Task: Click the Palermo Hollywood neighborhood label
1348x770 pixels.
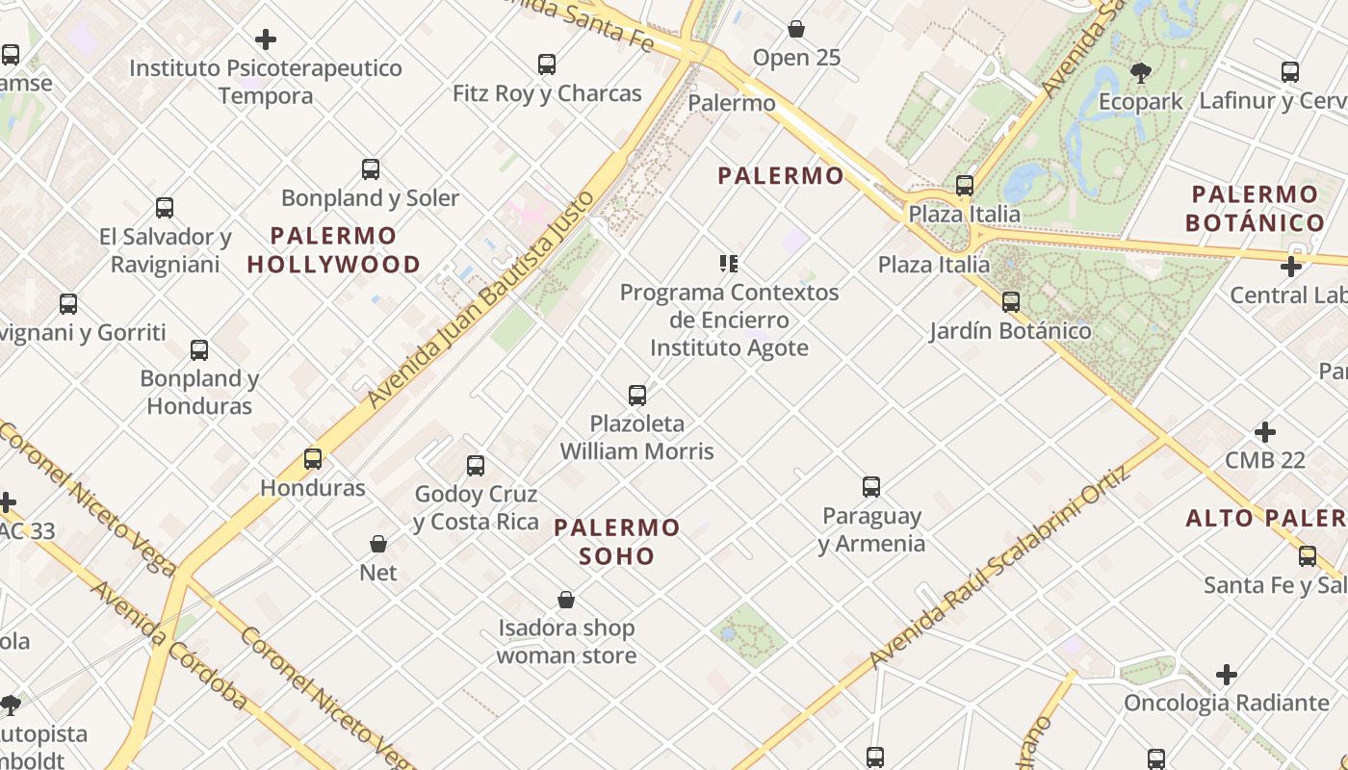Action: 334,249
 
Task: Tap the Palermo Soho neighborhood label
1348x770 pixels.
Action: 617,541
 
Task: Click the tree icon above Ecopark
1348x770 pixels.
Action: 1140,72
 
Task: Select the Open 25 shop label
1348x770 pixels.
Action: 796,58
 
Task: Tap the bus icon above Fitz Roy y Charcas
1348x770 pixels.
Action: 547,64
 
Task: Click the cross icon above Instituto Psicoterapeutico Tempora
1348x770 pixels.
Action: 266,39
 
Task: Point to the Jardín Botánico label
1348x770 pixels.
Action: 1010,331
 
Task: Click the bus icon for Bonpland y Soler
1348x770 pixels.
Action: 371,169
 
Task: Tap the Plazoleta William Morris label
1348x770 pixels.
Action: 637,437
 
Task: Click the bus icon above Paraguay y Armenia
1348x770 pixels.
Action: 871,487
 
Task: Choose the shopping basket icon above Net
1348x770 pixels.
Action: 378,544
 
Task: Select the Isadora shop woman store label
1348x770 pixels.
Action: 566,642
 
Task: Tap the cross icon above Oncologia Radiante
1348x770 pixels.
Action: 1226,675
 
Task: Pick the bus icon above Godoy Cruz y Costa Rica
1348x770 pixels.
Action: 476,466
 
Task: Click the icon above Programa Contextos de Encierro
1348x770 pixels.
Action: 729,263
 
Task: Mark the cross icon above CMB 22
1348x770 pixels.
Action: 1265,432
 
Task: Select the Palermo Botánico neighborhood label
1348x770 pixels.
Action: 1255,209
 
